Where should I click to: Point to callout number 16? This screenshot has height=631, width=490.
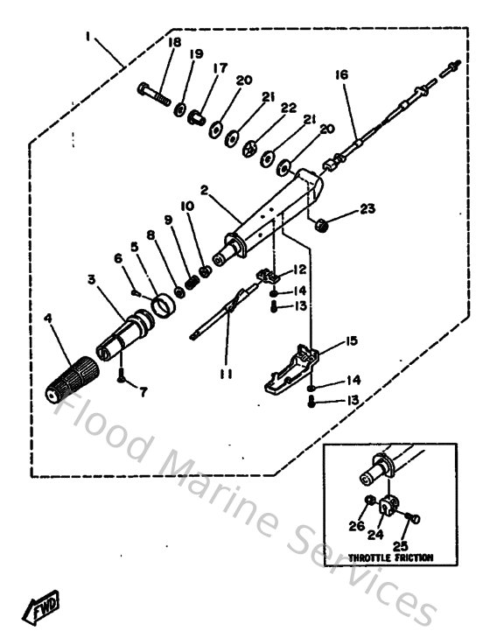coord(341,75)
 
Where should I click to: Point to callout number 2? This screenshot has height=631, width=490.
coord(204,189)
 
